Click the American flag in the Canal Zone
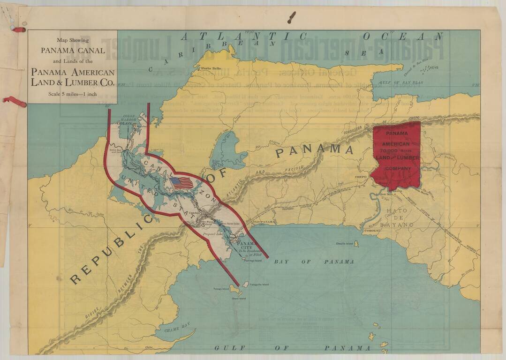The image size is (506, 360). [x=182, y=183]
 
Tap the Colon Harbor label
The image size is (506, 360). [x=129, y=119]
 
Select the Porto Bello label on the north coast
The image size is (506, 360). [x=211, y=69]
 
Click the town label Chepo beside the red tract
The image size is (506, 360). [x=361, y=177]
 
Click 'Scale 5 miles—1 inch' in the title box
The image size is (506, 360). [x=72, y=94]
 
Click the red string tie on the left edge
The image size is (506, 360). [x=14, y=101]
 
